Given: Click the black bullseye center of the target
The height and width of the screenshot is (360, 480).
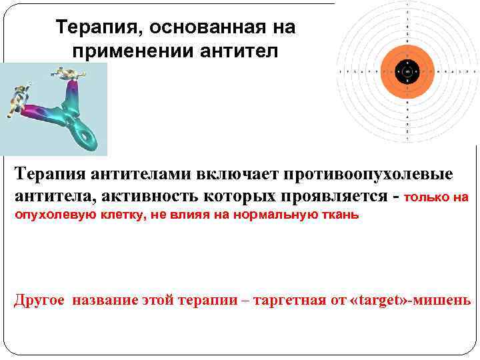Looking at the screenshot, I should [407, 70].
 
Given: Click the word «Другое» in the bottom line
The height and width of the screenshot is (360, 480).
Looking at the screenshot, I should [39, 300].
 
